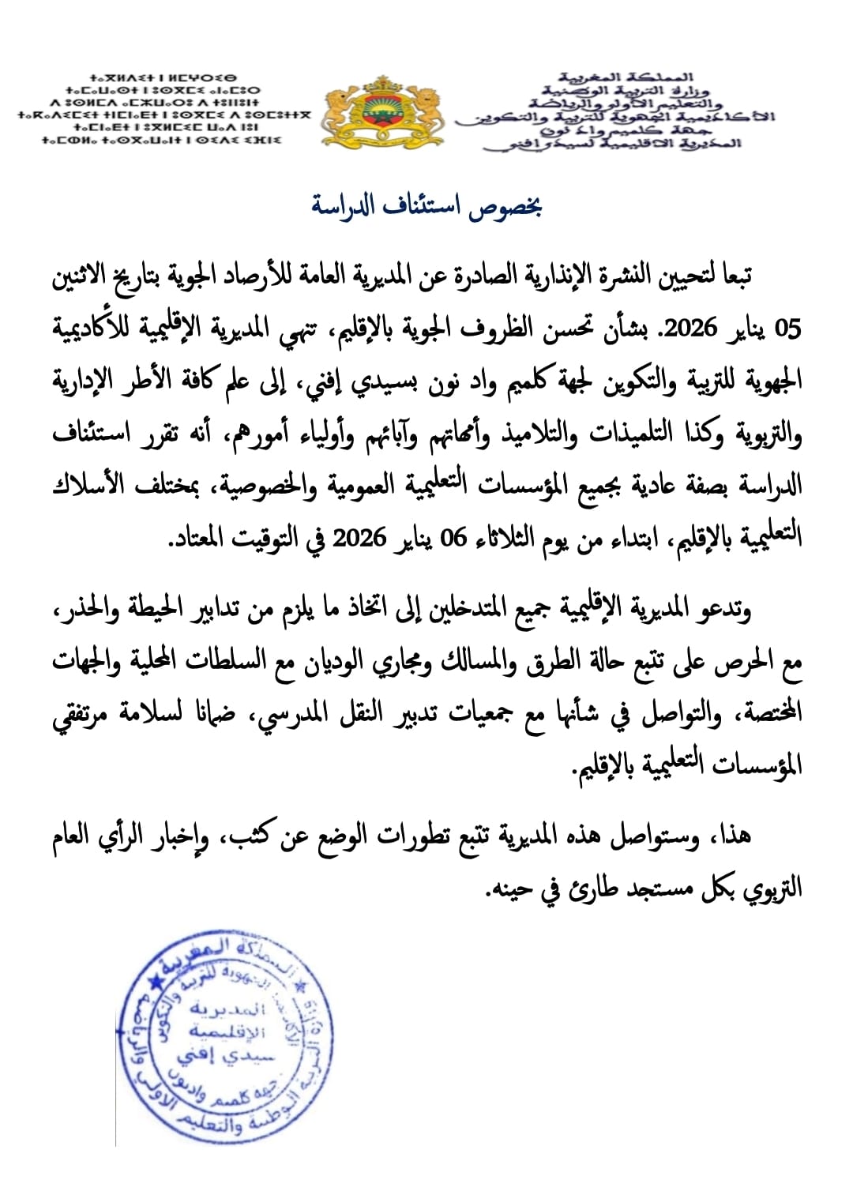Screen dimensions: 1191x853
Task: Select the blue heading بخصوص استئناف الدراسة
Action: pos(426,207)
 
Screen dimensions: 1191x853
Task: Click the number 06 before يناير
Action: pos(453,539)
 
